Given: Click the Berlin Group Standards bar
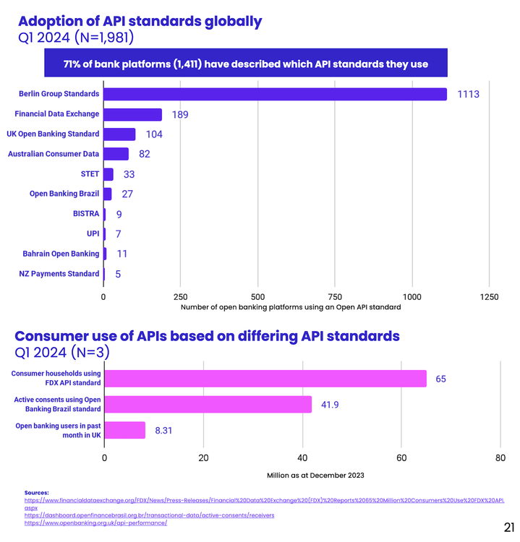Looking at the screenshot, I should pos(275,94).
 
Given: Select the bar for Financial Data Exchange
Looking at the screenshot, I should pos(132,114).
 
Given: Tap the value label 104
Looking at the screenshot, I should pos(153,134).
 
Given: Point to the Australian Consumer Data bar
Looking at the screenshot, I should pos(116,154).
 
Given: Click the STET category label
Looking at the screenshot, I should pos(90,174).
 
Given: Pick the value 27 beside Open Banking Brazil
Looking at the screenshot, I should pos(127,194).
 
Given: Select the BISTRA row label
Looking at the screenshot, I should pos(86,214).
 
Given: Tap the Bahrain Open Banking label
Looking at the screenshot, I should pos(61,254).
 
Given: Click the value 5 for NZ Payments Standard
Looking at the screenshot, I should pos(118,274).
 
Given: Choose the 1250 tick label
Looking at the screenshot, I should pos(489,297).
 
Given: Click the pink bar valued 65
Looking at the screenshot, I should pos(265,379).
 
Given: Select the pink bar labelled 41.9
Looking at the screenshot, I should pos(208,404).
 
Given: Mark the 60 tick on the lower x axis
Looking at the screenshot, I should pos(401,457).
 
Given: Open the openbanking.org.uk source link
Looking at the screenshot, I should pos(95,522).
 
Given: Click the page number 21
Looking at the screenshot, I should pos(508,526).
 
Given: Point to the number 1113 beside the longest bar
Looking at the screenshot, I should pos(469,95).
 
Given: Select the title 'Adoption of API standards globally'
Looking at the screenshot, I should pos(139,21).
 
